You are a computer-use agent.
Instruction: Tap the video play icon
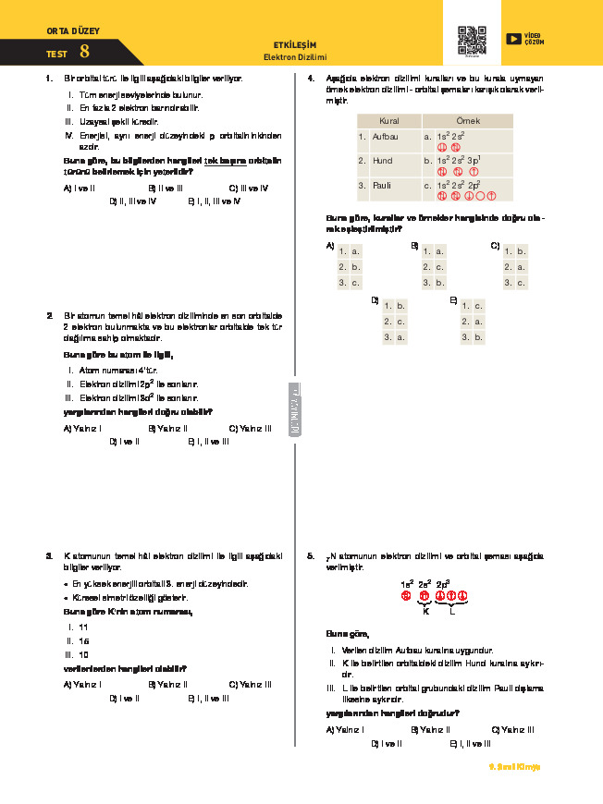(x=514, y=39)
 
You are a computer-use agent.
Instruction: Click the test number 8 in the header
(x=84, y=53)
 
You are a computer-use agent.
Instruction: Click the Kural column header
(x=388, y=121)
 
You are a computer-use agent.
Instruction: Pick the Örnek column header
(x=468, y=121)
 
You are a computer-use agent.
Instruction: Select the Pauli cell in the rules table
(x=380, y=185)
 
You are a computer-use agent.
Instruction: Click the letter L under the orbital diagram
(x=451, y=612)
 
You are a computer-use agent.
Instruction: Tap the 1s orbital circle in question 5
(x=405, y=595)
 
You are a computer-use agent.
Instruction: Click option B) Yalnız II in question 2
(x=168, y=428)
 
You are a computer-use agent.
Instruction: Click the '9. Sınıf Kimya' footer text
(x=512, y=767)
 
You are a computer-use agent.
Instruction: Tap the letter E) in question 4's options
(x=453, y=300)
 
